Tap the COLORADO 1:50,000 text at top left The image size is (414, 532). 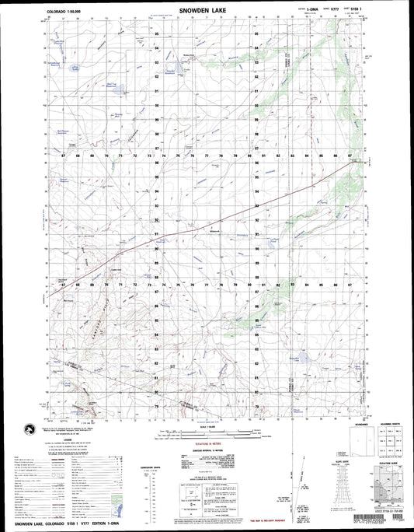click(x=64, y=12)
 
